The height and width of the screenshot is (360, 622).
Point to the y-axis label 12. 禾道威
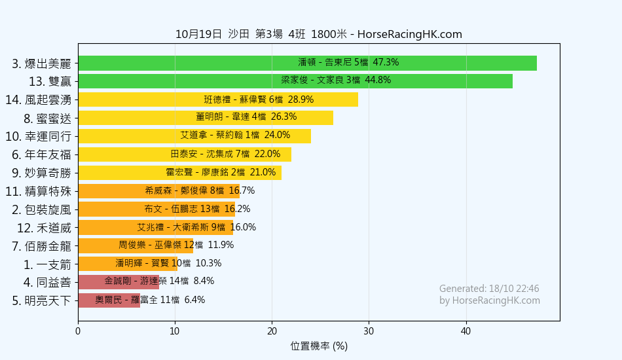pyautogui.click(x=44, y=228)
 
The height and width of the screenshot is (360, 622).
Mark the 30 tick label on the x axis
pyautogui.click(x=369, y=331)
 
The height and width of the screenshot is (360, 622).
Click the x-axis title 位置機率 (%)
pyautogui.click(x=319, y=346)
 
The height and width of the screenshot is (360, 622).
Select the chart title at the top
pyautogui.click(x=319, y=34)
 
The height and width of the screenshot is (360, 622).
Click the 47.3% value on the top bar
pyautogui.click(x=386, y=63)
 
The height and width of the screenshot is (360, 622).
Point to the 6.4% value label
pyautogui.click(x=194, y=300)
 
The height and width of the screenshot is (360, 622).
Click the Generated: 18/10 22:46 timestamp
pyautogui.click(x=489, y=289)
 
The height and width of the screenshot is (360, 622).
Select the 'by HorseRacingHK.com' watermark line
pyautogui.click(x=490, y=300)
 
